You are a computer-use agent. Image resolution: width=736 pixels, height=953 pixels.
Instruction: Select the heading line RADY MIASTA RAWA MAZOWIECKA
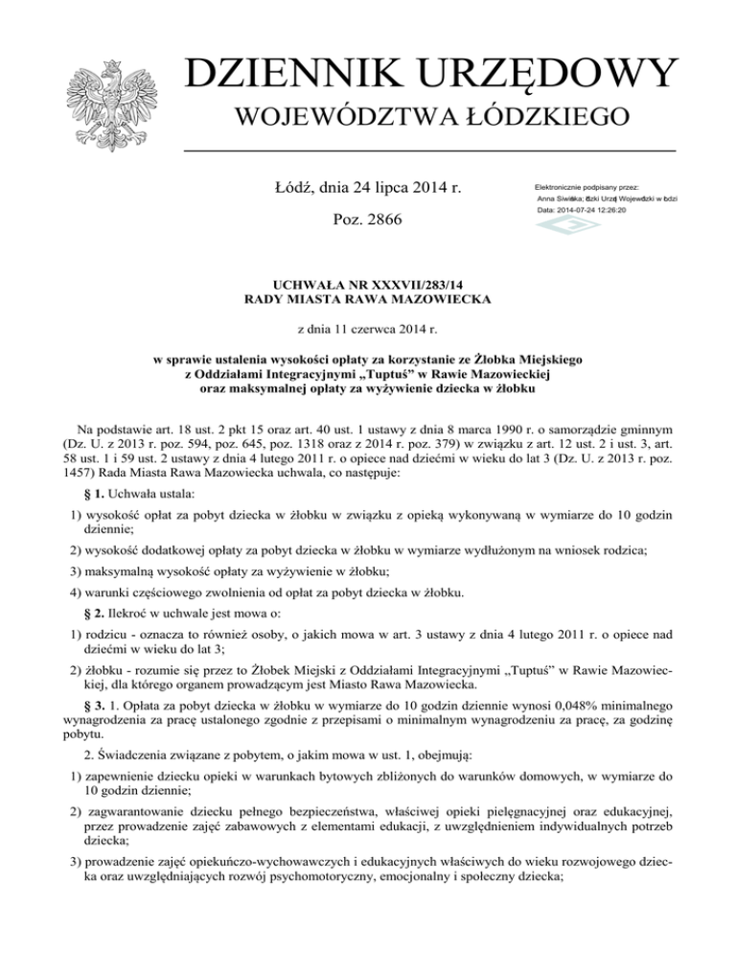tap(368, 300)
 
